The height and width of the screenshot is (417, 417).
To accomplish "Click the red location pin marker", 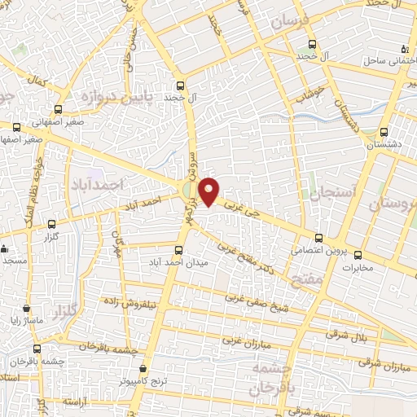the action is click(209, 190).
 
